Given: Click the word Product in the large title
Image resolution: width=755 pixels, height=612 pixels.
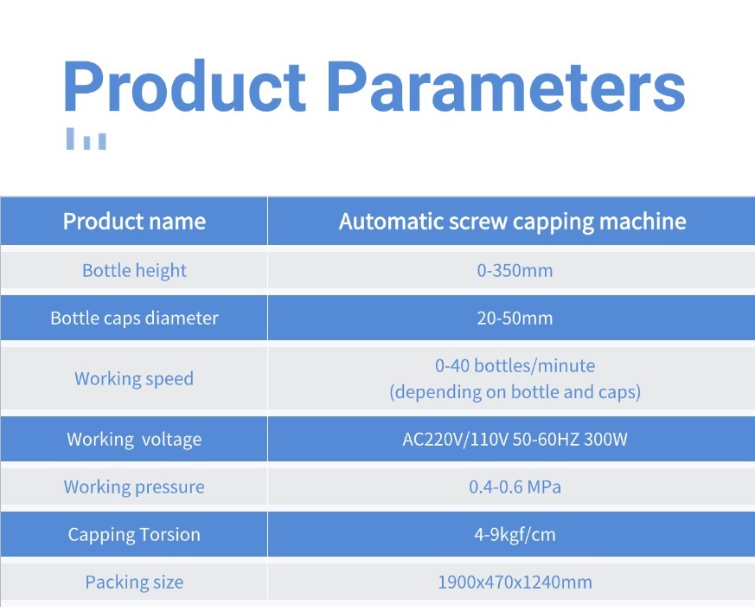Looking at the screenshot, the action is pyautogui.click(x=184, y=87).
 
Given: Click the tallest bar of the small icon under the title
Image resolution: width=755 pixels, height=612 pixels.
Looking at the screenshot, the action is pyautogui.click(x=70, y=139).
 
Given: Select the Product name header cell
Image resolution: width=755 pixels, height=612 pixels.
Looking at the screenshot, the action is pyautogui.click(x=134, y=222).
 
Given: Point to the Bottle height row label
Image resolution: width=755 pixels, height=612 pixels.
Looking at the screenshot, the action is pyautogui.click(x=134, y=270).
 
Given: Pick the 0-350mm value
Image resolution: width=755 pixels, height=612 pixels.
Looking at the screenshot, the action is pyautogui.click(x=515, y=270).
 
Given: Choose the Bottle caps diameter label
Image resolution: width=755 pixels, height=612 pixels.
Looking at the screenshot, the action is pyautogui.click(x=134, y=318).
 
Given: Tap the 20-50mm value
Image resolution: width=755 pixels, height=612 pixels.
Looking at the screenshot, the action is pyautogui.click(x=515, y=318).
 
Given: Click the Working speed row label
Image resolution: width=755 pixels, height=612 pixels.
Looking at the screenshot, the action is pyautogui.click(x=134, y=379).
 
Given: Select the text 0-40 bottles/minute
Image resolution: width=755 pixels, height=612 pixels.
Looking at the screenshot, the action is pyautogui.click(x=515, y=366).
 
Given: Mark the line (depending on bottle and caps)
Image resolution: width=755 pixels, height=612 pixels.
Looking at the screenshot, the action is pyautogui.click(x=515, y=392).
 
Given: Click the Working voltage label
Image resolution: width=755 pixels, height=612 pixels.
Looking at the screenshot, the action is pyautogui.click(x=134, y=440).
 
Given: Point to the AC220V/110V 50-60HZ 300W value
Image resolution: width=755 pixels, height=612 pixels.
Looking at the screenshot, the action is pyautogui.click(x=515, y=439).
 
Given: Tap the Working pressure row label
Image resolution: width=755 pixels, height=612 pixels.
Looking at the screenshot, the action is pyautogui.click(x=134, y=487).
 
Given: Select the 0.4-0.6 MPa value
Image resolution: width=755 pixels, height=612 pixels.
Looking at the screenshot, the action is pyautogui.click(x=515, y=486).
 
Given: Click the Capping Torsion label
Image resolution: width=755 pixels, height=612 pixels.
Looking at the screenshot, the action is pyautogui.click(x=134, y=535).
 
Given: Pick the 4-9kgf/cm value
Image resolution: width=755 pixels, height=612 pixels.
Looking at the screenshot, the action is pyautogui.click(x=515, y=534).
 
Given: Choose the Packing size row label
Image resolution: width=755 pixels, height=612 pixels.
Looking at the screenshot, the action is pyautogui.click(x=134, y=582).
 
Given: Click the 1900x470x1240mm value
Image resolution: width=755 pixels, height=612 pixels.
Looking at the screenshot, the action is pyautogui.click(x=515, y=582).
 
